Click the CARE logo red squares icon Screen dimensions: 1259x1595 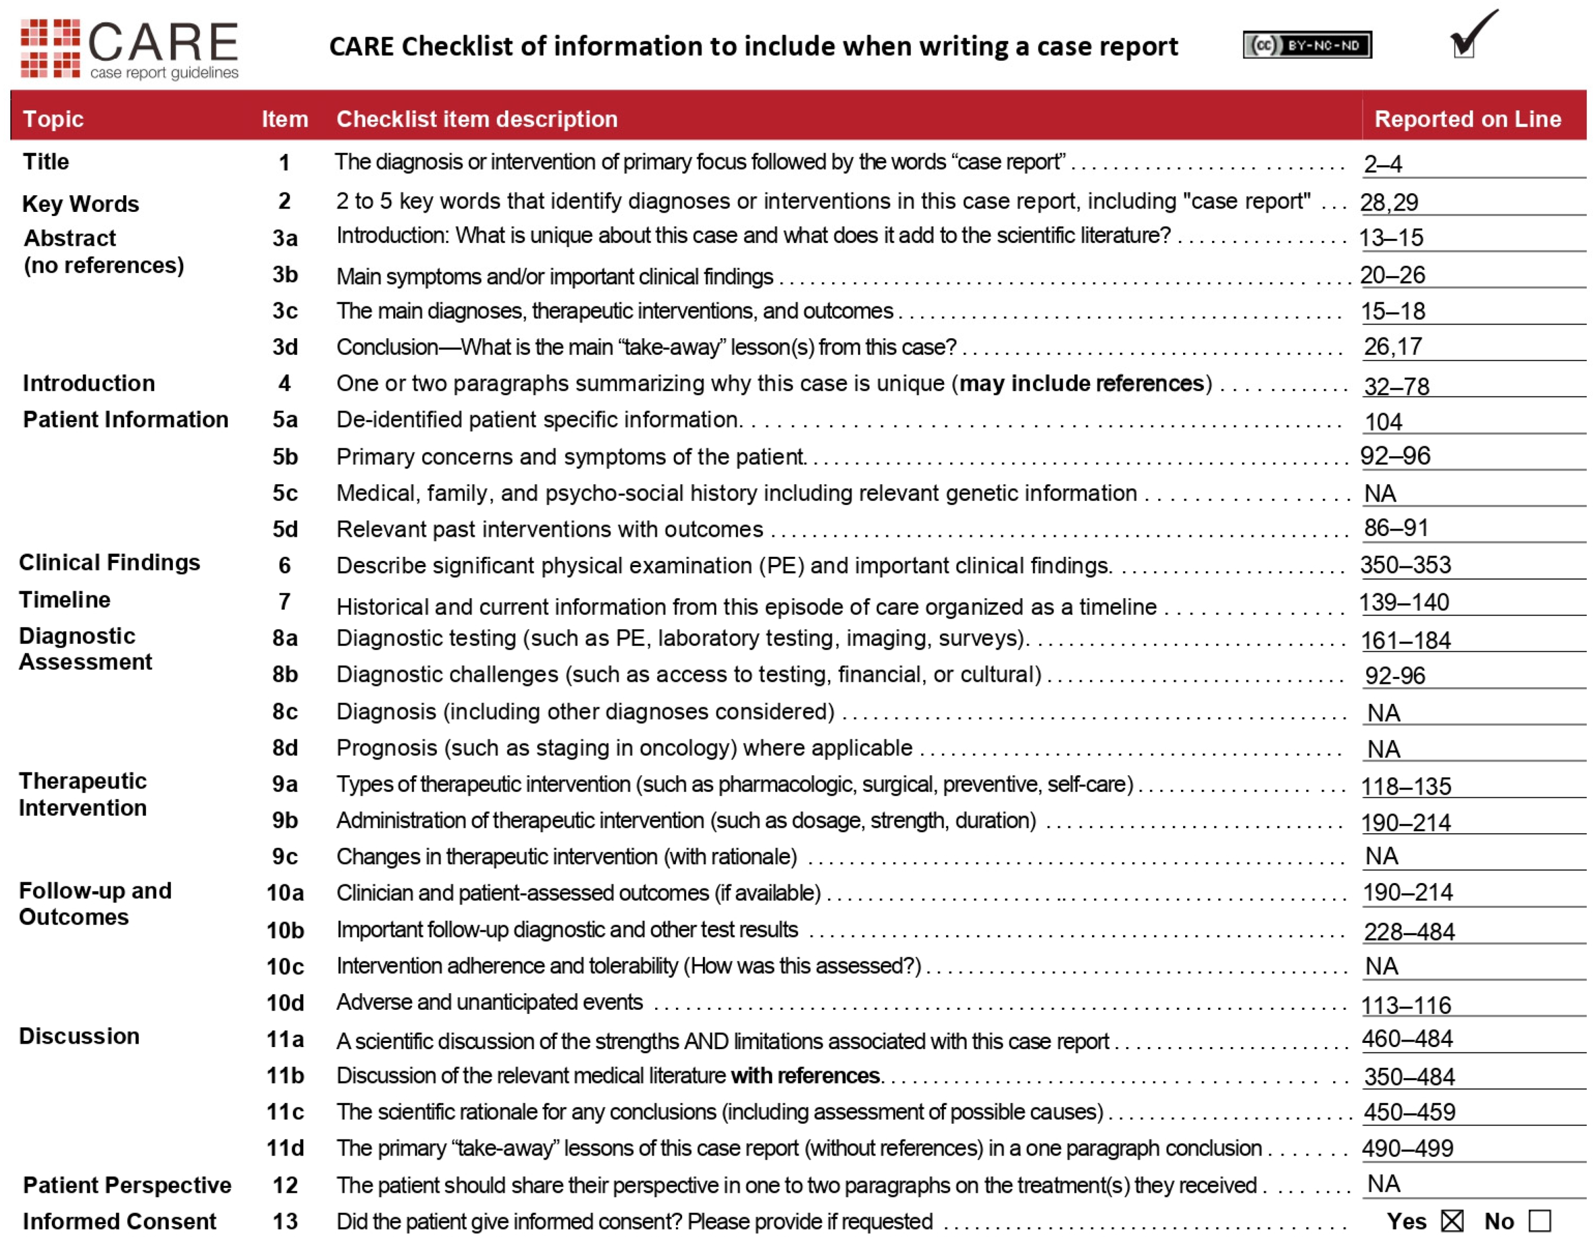pos(50,49)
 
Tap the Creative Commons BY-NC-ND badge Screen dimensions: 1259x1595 pos(1306,46)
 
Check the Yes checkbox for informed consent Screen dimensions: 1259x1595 pos(1451,1221)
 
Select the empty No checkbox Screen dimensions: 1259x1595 pos(1539,1221)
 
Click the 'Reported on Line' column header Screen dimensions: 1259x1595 pos(1467,118)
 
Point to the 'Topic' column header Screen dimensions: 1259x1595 pos(53,118)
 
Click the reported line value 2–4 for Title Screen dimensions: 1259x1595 pos(1383,164)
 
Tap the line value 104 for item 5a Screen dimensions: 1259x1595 pos(1383,422)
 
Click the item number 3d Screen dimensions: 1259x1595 pos(285,346)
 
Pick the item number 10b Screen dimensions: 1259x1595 pos(285,930)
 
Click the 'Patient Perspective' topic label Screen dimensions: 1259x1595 pos(127,1185)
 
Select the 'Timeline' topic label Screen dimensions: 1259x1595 pos(65,600)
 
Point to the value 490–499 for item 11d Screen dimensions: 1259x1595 pos(1407,1148)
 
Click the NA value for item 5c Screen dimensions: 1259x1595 pos(1380,493)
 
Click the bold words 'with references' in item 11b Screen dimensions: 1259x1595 pos(805,1076)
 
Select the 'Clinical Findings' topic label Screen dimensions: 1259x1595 pos(109,562)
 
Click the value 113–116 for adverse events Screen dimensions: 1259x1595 pos(1405,1004)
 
